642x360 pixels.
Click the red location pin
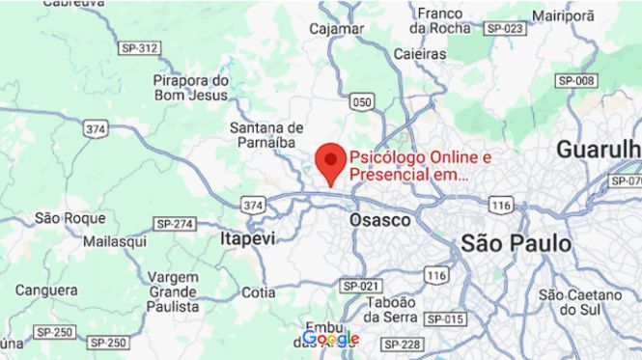pos(332,162)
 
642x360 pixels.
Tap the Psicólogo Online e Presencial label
pos(420,166)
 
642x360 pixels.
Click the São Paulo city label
pos(516,243)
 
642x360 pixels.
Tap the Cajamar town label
pos(337,29)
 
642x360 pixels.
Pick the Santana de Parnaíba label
pos(266,137)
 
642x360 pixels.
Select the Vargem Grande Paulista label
pos(174,291)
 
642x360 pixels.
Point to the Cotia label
pos(258,291)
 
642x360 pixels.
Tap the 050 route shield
pos(362,100)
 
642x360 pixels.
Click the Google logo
pos(330,339)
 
